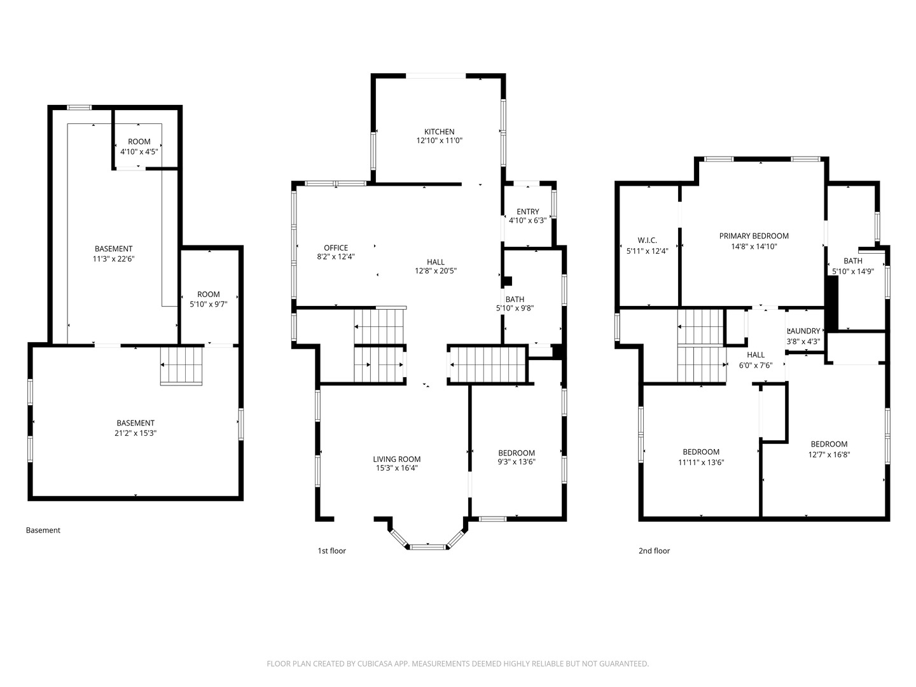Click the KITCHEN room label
[x=439, y=132]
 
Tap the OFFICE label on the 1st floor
[x=335, y=248]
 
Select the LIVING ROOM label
[x=396, y=459]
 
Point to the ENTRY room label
[x=527, y=211]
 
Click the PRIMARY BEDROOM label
[x=754, y=236]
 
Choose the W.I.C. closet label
[x=648, y=240]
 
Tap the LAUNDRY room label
[x=804, y=331]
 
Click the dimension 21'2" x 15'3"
[x=135, y=433]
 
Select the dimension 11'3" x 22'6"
[x=113, y=259]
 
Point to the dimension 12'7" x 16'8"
[x=829, y=455]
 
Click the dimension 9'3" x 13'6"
[x=517, y=462]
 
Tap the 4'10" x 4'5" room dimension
[x=139, y=151]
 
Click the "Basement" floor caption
[x=43, y=530]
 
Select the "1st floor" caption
[x=332, y=551]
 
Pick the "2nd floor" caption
[x=654, y=551]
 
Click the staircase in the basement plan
[x=181, y=365]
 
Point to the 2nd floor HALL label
[x=755, y=355]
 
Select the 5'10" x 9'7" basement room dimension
[x=208, y=304]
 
